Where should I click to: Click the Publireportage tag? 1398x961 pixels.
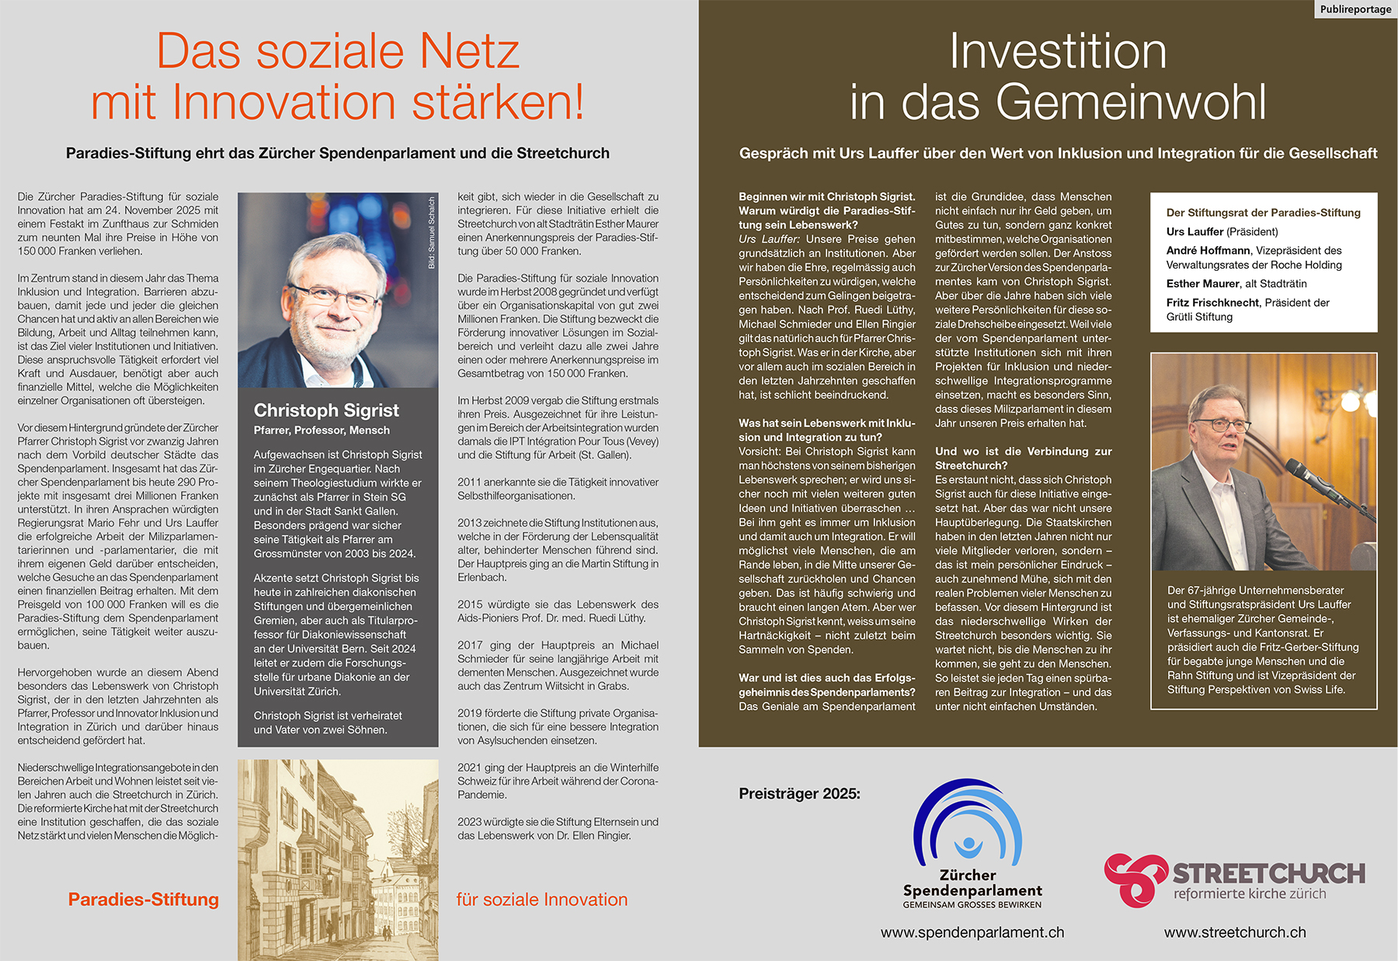[x=1355, y=9]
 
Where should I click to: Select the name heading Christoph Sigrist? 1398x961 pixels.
[x=326, y=410]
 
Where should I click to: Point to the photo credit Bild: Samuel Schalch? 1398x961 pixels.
[x=432, y=233]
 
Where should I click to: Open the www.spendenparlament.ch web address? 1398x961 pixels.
[x=972, y=932]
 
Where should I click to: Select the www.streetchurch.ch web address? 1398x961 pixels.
[x=1235, y=932]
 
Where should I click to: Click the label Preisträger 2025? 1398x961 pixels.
[x=799, y=793]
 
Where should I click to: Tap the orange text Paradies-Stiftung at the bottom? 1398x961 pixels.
[x=144, y=900]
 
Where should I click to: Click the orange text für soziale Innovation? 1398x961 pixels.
[x=542, y=900]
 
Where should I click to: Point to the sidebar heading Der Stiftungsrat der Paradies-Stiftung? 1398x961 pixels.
[x=1263, y=213]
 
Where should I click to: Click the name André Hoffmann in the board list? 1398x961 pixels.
[x=1208, y=250]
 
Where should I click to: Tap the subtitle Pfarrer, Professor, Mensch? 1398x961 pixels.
[x=322, y=430]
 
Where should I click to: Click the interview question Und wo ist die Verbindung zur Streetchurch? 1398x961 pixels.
[x=1023, y=458]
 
